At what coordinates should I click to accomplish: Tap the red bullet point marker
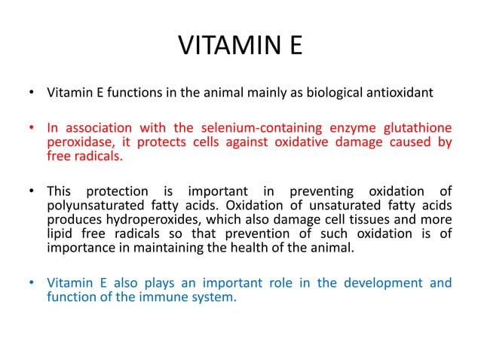[x=29, y=128]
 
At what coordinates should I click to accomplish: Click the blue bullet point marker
[x=29, y=284]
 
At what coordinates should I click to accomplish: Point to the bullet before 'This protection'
[x=29, y=191]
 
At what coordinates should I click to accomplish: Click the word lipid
[x=60, y=233]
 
